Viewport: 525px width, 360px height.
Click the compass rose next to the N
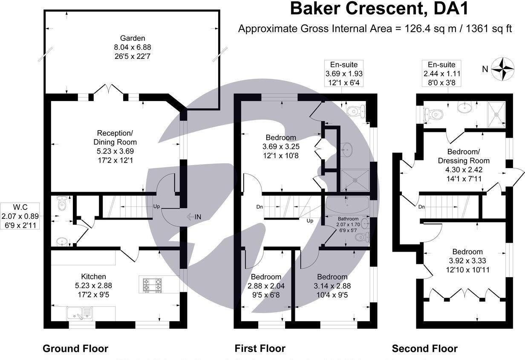point(502,69)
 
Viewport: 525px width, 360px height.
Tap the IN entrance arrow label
point(194,217)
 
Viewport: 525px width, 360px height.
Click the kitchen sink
point(79,314)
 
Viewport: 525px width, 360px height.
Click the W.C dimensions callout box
point(20,216)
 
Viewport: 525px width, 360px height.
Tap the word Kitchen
point(93,276)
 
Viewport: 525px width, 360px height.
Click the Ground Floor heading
point(75,348)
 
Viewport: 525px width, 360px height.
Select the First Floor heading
point(260,348)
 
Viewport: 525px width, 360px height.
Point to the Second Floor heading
point(425,348)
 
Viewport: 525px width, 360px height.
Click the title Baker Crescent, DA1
point(379,9)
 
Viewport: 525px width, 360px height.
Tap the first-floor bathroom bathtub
point(347,204)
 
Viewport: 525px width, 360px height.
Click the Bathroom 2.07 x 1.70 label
point(348,224)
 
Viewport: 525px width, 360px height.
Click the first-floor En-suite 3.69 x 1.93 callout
point(344,73)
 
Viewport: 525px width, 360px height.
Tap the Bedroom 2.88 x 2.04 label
point(266,286)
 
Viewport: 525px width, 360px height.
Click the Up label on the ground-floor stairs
point(156,206)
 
